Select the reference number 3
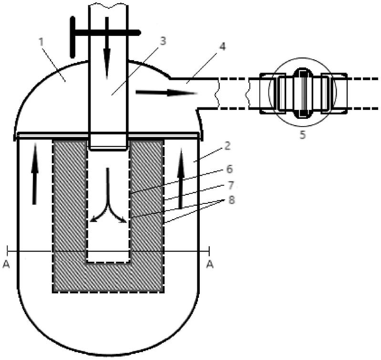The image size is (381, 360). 163,41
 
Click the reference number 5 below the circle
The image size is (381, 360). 302,135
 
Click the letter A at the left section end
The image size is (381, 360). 6,265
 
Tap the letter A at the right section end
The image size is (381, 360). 209,265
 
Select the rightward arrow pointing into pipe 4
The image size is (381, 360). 166,92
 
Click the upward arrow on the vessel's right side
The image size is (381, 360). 181,183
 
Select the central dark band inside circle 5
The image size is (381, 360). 302,93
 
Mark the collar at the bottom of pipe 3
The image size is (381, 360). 109,143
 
